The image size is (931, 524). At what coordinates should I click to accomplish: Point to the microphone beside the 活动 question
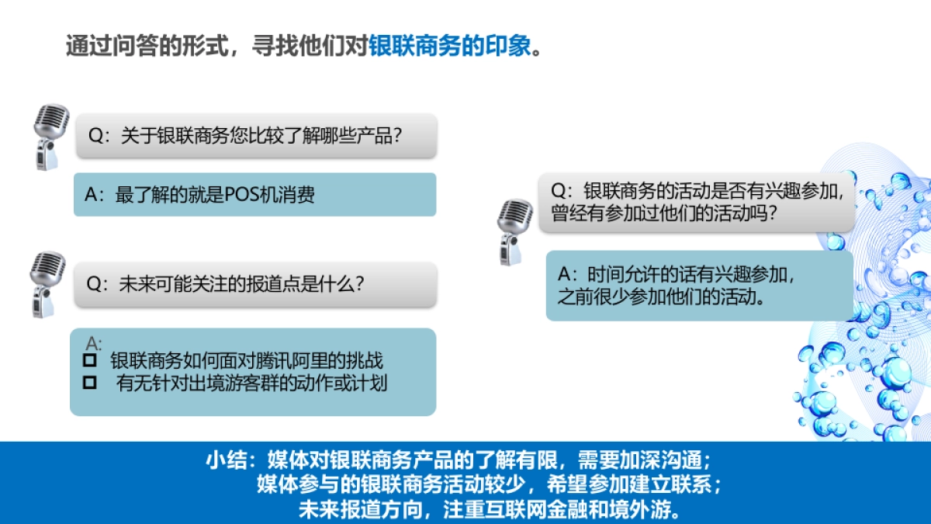click(x=514, y=230)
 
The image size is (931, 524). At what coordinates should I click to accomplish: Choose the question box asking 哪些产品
click(x=256, y=136)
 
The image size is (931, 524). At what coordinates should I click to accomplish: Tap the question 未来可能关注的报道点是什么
click(x=241, y=284)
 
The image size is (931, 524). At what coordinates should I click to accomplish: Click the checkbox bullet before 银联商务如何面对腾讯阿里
click(x=90, y=361)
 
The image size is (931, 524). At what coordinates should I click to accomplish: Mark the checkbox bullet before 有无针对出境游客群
click(x=90, y=382)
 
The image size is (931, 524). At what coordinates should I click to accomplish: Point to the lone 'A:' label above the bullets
click(x=94, y=342)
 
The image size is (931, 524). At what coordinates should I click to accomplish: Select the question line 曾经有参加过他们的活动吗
click(x=664, y=213)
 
